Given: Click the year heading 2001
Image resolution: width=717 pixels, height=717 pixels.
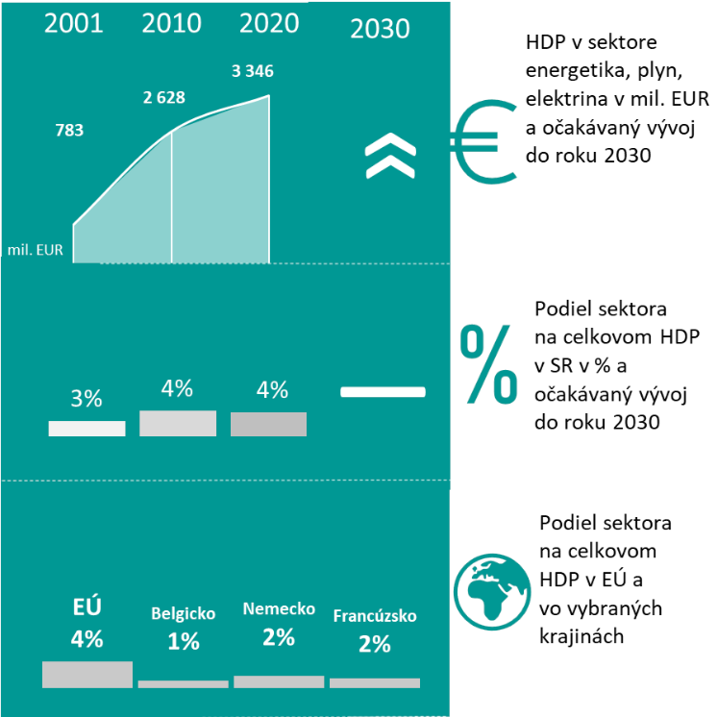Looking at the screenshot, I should (74, 24).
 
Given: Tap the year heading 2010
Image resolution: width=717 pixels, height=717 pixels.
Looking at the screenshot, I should (171, 24).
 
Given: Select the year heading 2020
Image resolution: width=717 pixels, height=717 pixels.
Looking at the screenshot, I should (270, 24).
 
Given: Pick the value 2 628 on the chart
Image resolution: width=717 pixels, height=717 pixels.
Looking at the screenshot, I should (163, 97).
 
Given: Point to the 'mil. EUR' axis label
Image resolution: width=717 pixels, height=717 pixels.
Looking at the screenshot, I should (37, 250).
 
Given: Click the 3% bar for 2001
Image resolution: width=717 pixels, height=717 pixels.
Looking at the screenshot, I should (87, 429).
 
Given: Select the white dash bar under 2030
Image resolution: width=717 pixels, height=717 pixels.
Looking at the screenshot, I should (383, 391).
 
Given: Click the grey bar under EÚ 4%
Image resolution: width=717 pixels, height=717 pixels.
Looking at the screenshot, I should (87, 674).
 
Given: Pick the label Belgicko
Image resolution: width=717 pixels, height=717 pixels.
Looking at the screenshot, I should (184, 613).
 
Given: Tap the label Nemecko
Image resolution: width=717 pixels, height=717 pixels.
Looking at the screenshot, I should (279, 608).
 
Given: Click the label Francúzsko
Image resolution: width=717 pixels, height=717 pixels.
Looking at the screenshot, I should (375, 616).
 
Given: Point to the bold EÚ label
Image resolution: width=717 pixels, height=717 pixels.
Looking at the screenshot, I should (87, 606).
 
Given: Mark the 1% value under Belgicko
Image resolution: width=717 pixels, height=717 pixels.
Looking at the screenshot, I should (184, 641).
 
